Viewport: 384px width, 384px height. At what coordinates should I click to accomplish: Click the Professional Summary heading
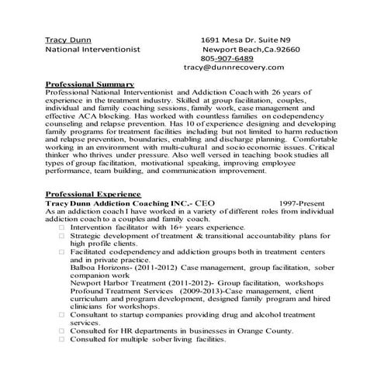90,83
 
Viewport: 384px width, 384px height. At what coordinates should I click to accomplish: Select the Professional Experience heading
93,192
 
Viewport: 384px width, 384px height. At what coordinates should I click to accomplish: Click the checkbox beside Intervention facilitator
61,227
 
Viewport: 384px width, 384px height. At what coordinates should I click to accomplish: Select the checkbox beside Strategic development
61,236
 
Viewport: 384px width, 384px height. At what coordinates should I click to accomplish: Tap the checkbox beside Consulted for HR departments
61,330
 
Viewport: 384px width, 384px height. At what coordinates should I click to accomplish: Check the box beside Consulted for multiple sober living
61,339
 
